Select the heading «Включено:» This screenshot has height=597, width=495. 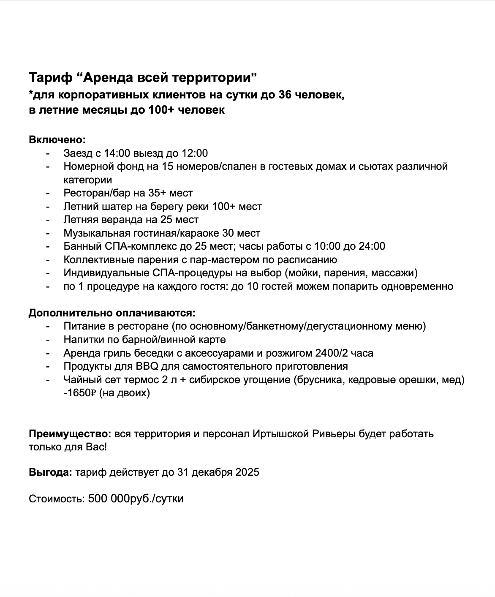point(57,139)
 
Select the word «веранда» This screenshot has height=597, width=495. point(123,220)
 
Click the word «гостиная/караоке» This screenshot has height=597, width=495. point(171,233)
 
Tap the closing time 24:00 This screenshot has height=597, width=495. point(372,246)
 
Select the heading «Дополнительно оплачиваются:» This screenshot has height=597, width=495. point(112,313)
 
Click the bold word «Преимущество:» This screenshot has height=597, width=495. point(70,434)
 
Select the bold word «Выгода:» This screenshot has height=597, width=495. point(51,472)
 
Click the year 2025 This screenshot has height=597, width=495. point(247,472)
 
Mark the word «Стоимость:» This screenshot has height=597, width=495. point(57,499)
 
